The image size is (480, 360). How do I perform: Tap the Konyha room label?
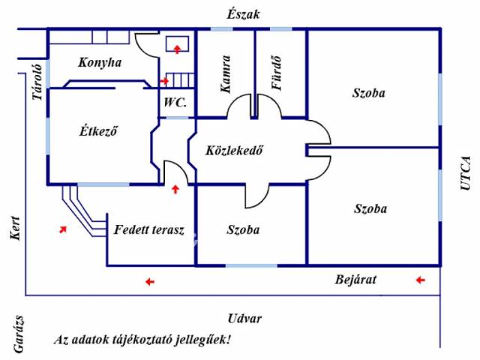pyautogui.click(x=99, y=62)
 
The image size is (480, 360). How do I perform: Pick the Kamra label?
pyautogui.click(x=226, y=73)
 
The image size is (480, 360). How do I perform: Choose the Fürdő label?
pyautogui.click(x=277, y=74)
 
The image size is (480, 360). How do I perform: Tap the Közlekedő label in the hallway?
pyautogui.click(x=234, y=149)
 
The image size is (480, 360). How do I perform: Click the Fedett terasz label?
pyautogui.click(x=149, y=229)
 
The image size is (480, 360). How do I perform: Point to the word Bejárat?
pyautogui.click(x=355, y=280)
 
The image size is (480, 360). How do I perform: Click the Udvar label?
pyautogui.click(x=245, y=318)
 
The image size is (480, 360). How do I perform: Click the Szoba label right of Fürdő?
pyautogui.click(x=368, y=93)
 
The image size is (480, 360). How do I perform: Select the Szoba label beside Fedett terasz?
pyautogui.click(x=243, y=229)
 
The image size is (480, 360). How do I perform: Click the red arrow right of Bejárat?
pyautogui.click(x=420, y=280)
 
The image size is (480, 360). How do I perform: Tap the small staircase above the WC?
pyautogui.click(x=180, y=79)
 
